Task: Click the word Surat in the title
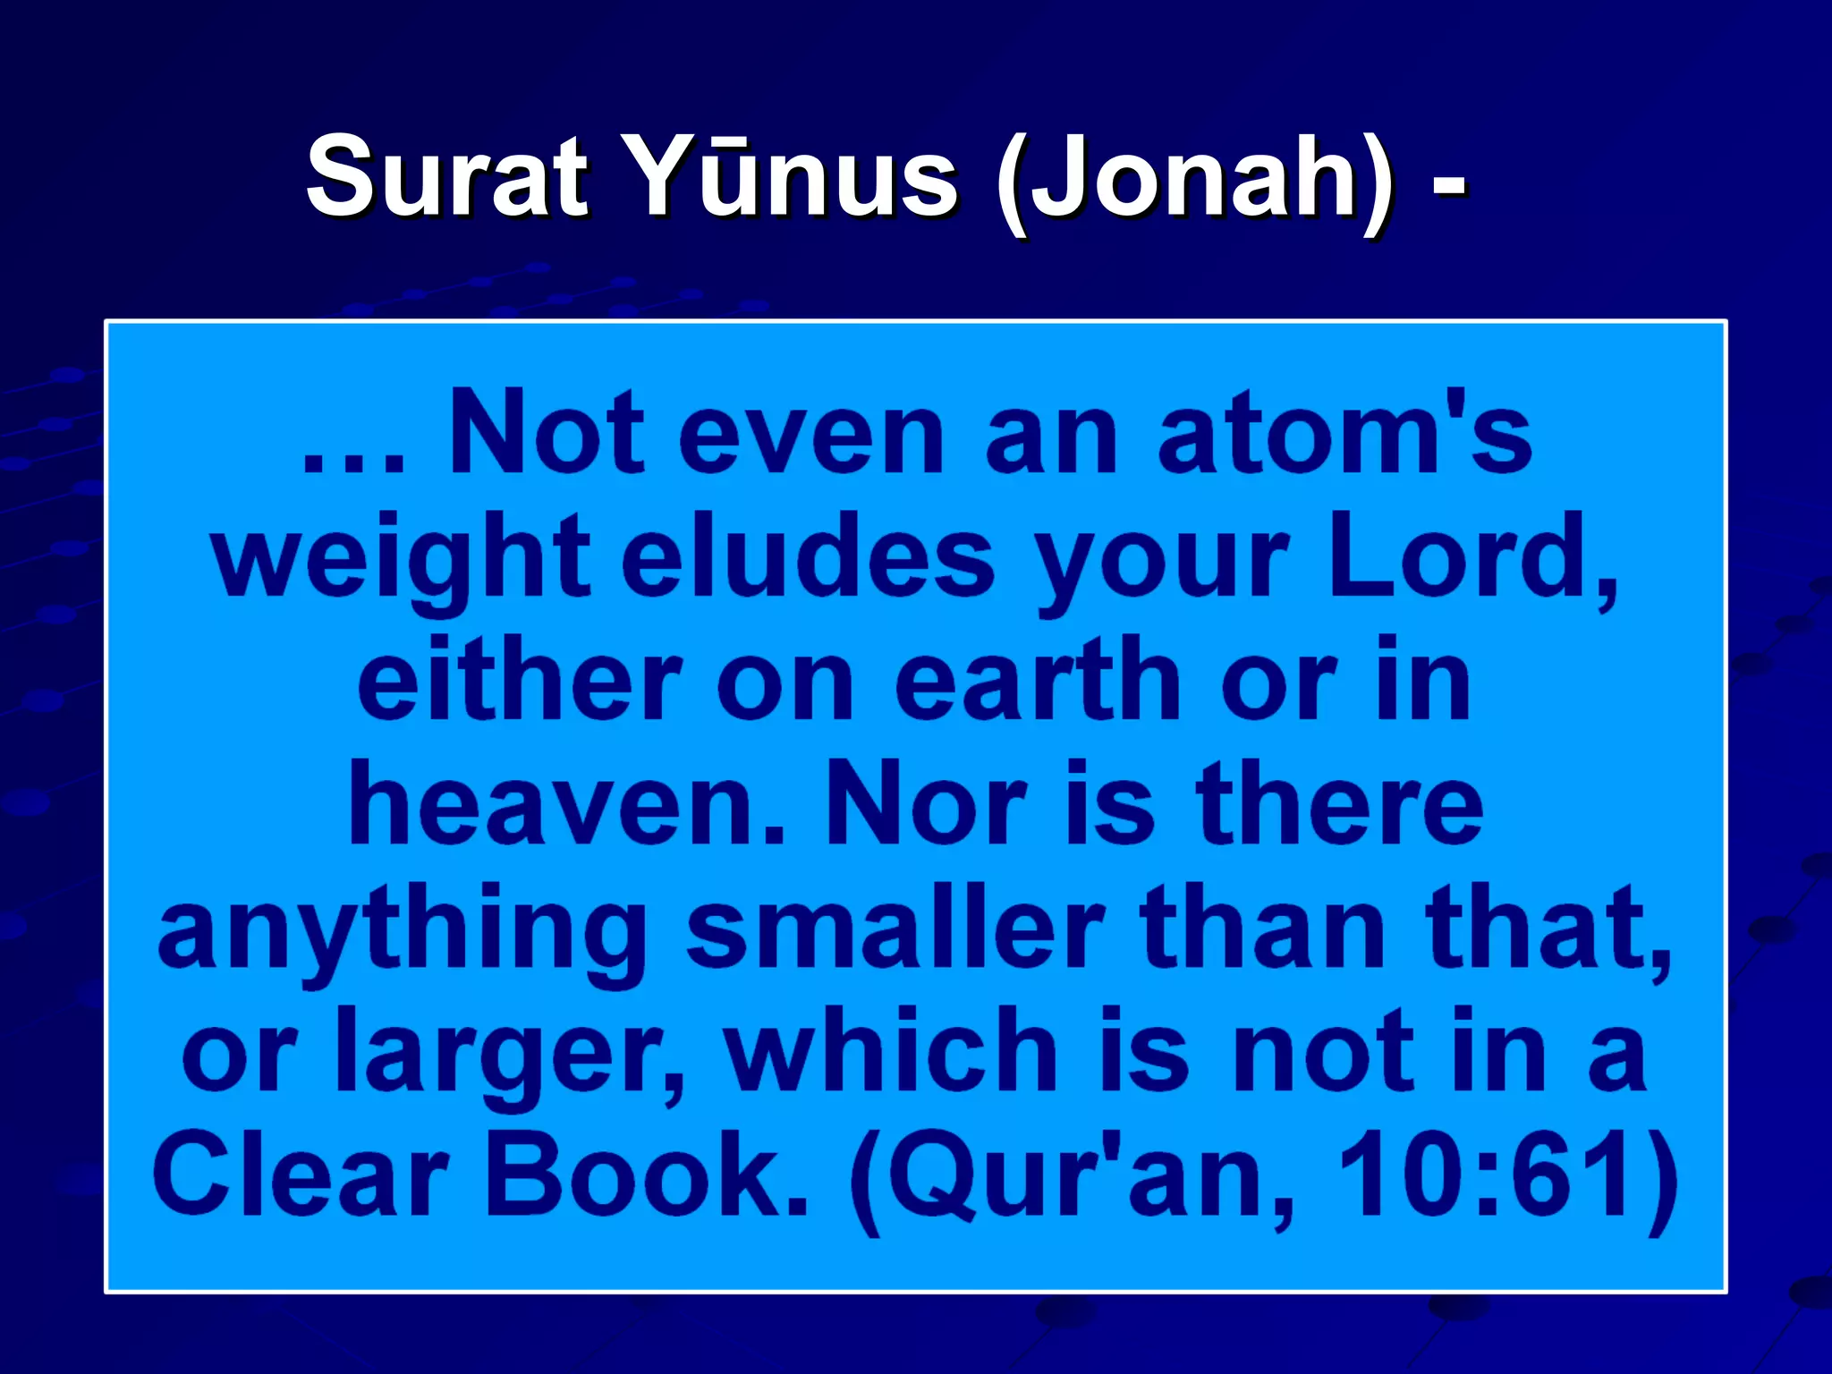(446, 177)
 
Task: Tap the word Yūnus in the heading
(795, 177)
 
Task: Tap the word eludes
(808, 559)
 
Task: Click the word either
(520, 681)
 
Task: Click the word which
(891, 1051)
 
